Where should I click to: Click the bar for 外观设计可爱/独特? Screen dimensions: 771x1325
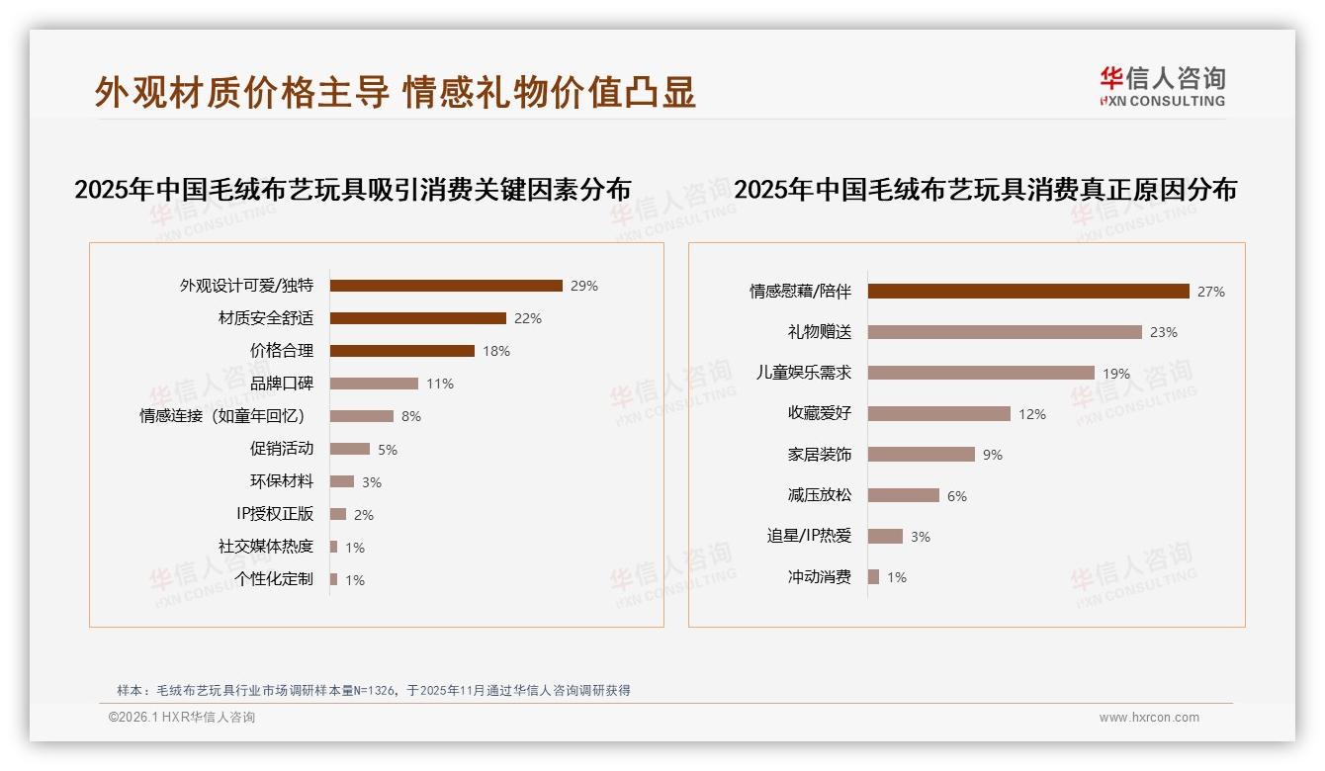click(446, 286)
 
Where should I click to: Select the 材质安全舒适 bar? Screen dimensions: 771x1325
click(417, 318)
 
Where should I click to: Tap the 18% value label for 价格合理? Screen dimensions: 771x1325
click(496, 351)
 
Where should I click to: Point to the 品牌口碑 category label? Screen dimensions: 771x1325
click(282, 384)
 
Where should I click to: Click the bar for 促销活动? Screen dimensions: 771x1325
click(349, 449)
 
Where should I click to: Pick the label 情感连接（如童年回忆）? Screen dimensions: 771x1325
click(226, 416)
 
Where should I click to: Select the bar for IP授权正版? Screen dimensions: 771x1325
click(338, 514)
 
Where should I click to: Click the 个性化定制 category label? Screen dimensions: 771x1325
click(274, 579)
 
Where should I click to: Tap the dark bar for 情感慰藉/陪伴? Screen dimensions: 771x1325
click(1028, 292)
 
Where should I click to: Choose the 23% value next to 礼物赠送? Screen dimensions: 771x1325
click(1164, 332)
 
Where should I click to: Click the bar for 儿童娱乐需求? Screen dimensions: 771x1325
click(981, 374)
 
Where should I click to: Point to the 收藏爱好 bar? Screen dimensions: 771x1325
click(939, 414)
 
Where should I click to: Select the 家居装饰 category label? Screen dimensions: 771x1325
click(820, 455)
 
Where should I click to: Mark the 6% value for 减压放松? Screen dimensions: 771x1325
click(957, 496)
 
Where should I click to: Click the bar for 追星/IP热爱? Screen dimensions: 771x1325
click(885, 536)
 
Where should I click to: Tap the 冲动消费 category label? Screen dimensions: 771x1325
click(820, 577)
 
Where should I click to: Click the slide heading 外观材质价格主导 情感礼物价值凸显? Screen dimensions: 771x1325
click(396, 92)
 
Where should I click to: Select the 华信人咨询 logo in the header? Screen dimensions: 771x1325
click(1162, 87)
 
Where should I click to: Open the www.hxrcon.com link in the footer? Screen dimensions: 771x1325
click(1149, 718)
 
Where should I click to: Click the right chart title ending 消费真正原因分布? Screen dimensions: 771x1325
click(985, 189)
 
